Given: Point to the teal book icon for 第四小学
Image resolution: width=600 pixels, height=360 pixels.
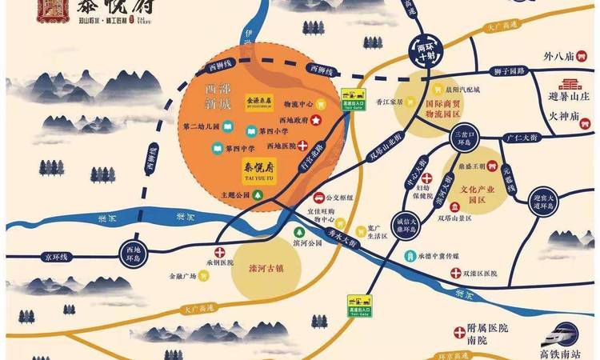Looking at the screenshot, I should pos(227,130).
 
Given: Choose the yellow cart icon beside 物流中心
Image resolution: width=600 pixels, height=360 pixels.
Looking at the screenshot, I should pos(320,103).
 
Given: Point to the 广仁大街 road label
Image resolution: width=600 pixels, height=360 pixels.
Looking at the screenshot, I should pos(529,138).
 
